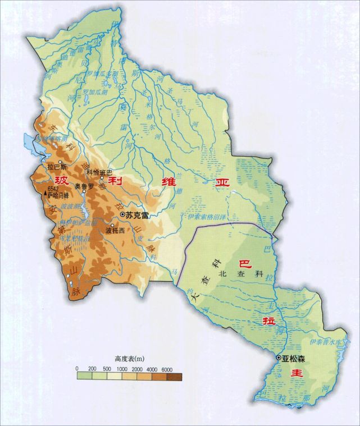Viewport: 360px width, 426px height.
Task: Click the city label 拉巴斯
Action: (58, 167)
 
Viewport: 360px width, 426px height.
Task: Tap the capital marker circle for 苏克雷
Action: (122, 214)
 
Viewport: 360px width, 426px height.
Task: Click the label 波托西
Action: (114, 230)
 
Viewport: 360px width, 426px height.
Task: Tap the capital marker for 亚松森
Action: (278, 358)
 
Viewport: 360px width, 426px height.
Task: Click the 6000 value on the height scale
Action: (166, 368)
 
